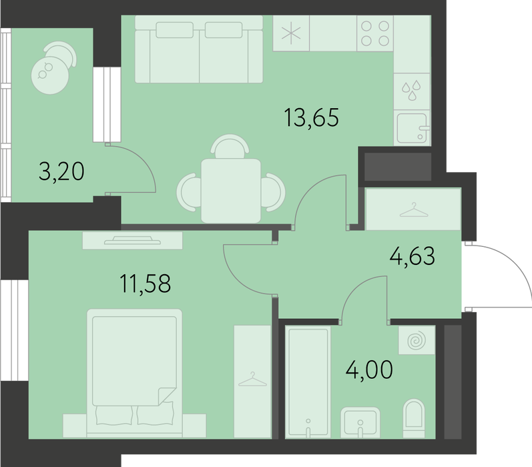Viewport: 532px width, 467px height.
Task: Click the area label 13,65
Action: point(312,117)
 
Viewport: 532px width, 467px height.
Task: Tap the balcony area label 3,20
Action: point(61,171)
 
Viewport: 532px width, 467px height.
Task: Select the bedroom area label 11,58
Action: point(146,284)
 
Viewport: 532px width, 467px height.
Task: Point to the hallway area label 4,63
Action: point(413,256)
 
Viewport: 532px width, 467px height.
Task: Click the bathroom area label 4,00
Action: point(369,370)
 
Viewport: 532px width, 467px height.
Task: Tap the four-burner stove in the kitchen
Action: point(375,33)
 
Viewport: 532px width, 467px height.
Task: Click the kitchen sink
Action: point(412,128)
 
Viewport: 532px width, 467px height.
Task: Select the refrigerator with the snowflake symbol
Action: point(291,33)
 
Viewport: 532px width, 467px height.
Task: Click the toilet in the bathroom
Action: point(414,418)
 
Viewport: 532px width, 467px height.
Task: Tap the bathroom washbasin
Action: point(360,422)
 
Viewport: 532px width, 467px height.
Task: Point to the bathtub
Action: point(308,382)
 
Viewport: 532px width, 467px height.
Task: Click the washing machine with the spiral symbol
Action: point(417,340)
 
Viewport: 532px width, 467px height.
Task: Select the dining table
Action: point(231,191)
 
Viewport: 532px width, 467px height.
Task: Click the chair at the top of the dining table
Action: point(230,146)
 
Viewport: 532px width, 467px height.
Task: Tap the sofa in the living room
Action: point(199,49)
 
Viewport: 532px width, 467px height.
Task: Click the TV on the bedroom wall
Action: point(132,240)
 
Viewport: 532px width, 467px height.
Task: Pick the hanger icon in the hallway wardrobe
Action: point(414,209)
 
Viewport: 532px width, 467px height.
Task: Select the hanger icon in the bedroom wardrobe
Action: point(252,379)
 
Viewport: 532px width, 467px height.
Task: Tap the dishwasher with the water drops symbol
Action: point(412,91)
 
